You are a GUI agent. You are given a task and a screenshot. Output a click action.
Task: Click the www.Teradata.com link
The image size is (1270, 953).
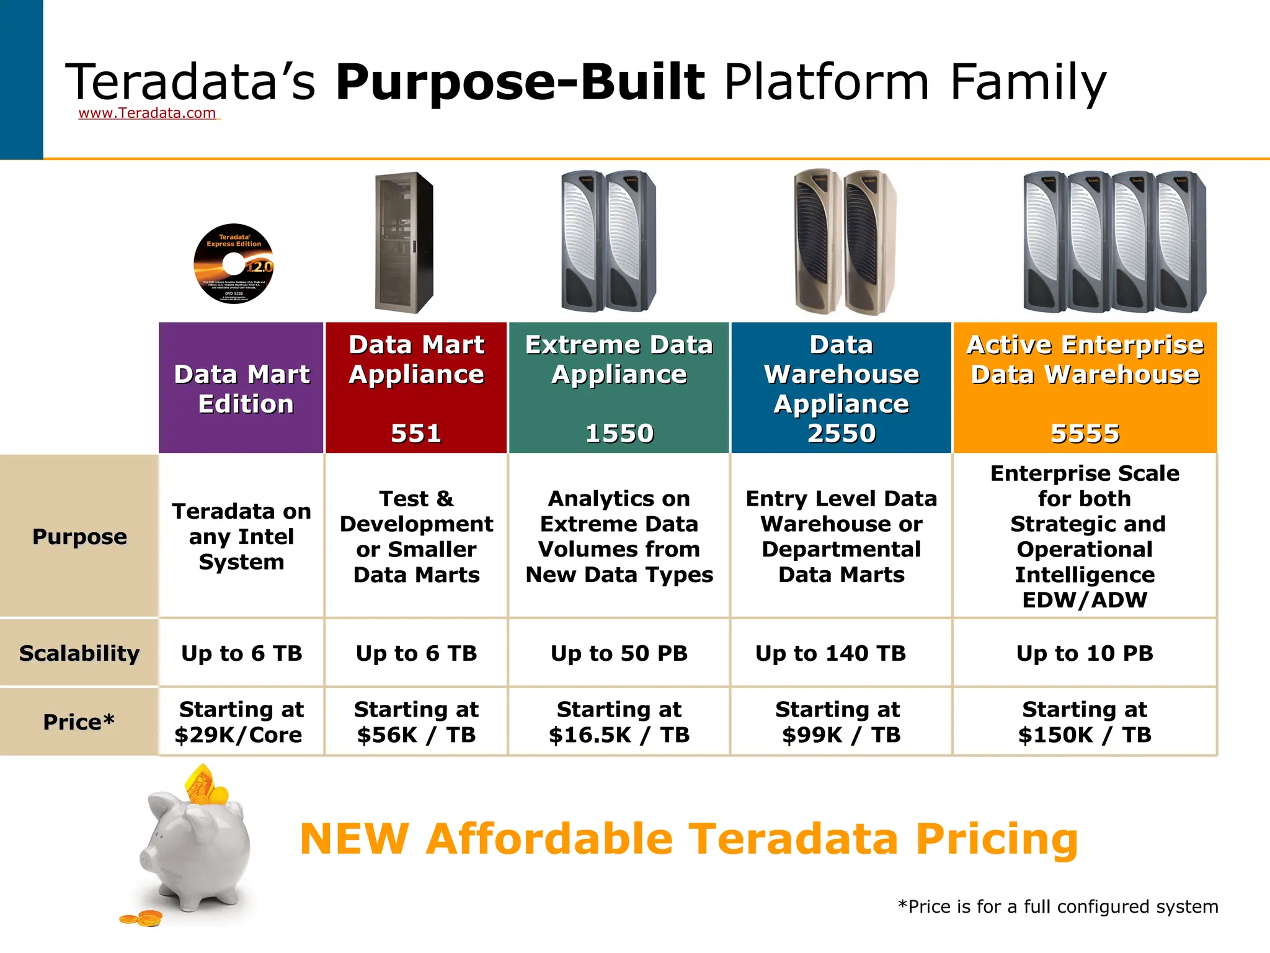tap(147, 113)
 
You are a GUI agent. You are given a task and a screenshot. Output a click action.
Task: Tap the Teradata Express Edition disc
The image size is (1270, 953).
tap(234, 264)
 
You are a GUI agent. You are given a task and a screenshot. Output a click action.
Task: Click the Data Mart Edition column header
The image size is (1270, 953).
tap(242, 389)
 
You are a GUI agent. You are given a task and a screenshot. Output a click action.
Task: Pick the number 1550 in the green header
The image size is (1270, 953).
tap(619, 433)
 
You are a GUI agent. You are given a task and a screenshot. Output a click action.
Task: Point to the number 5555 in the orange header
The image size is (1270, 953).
tap(1085, 433)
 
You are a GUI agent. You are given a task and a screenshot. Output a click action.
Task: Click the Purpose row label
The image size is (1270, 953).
tap(79, 537)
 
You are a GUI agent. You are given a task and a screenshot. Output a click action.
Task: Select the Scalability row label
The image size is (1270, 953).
tap(79, 653)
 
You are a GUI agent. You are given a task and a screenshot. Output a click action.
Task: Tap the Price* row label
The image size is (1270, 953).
tap(79, 722)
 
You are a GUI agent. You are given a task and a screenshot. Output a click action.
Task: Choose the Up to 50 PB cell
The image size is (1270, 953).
tap(619, 653)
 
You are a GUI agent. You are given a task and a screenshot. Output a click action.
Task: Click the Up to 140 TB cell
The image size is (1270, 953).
tap(830, 653)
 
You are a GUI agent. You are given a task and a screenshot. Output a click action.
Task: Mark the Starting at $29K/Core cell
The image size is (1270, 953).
tap(241, 722)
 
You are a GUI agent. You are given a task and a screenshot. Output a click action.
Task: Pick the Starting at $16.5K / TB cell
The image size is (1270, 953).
tap(619, 722)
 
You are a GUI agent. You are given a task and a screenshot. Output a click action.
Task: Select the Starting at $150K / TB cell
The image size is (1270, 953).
tap(1085, 722)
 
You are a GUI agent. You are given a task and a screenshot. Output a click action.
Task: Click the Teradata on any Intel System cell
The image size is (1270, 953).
tap(241, 537)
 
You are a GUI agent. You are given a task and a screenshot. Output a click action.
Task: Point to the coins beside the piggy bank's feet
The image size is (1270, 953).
tap(141, 918)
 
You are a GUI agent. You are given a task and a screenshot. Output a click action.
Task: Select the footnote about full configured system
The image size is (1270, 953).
tap(1058, 907)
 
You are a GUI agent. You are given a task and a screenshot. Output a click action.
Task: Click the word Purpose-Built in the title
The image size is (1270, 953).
tap(520, 82)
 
